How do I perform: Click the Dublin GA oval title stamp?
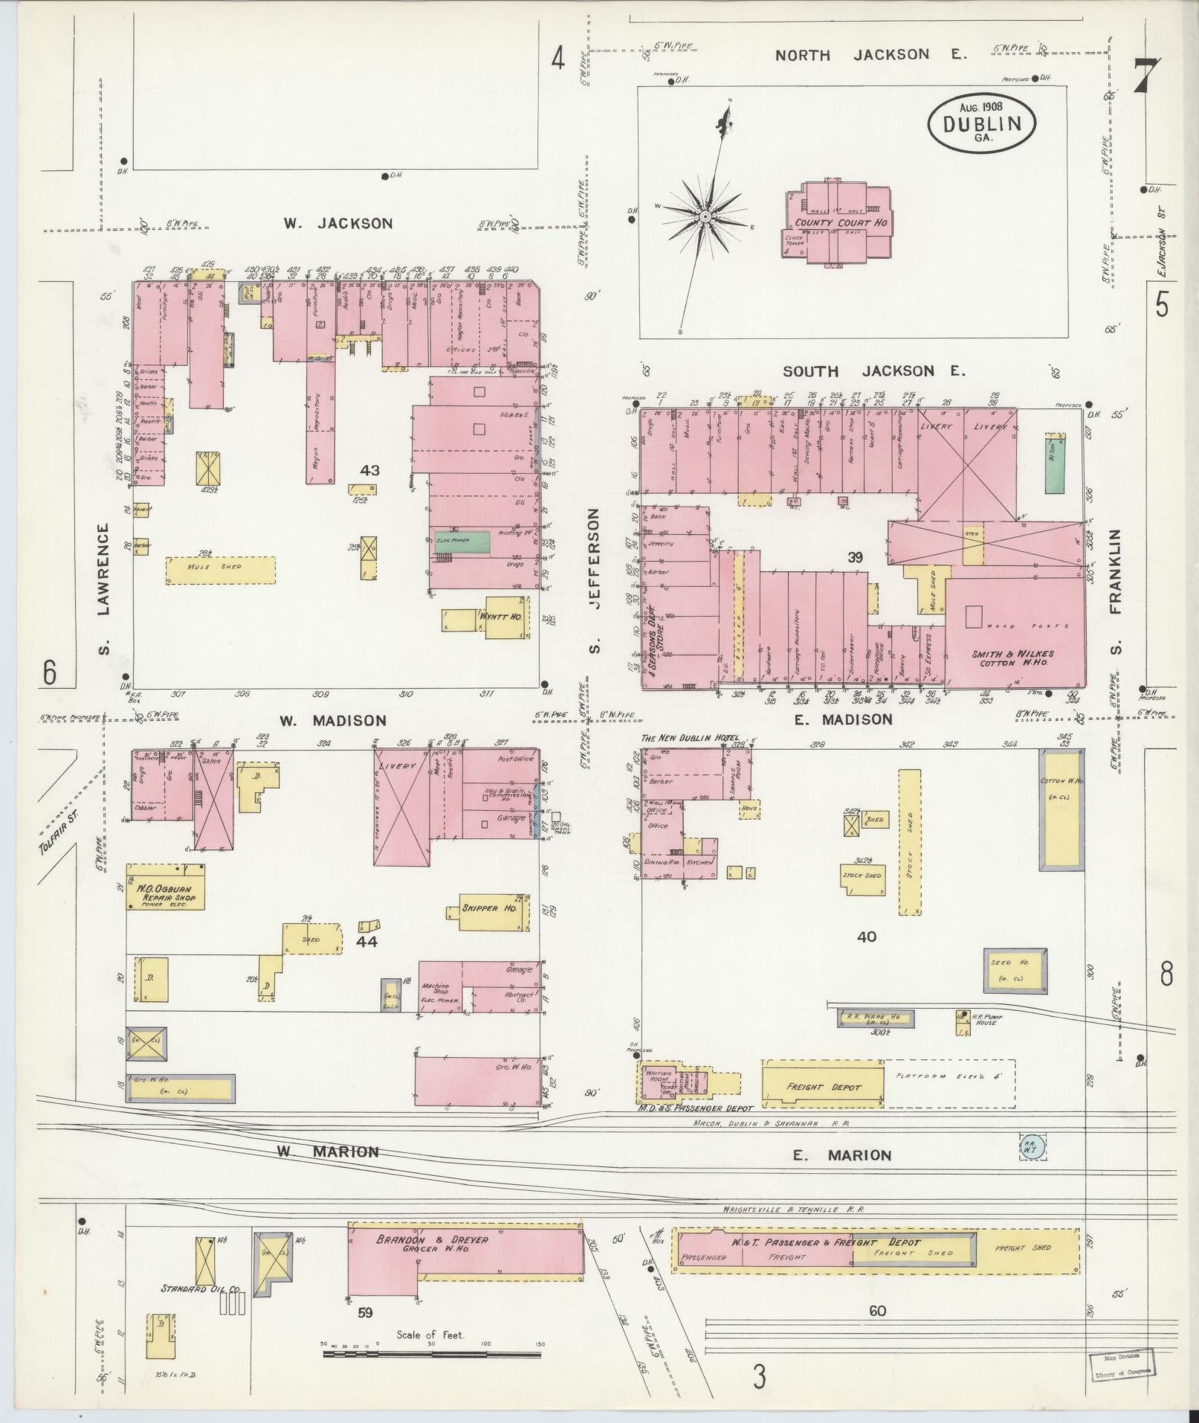[x=981, y=123]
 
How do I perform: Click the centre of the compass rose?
[x=705, y=216]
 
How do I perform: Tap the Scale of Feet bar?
[x=431, y=1353]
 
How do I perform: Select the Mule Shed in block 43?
[x=220, y=570]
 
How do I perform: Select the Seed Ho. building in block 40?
[x=1015, y=970]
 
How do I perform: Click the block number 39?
[x=855, y=557]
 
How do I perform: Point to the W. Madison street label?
[x=332, y=720]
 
